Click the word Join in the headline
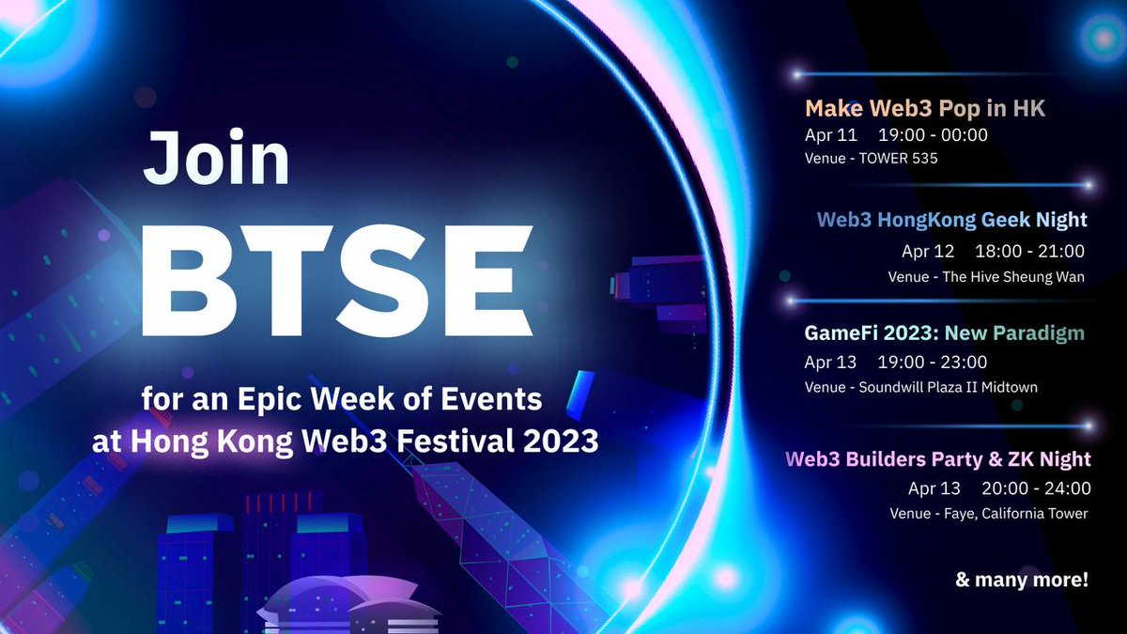click(x=216, y=158)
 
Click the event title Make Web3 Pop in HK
click(x=924, y=109)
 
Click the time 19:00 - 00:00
click(x=933, y=135)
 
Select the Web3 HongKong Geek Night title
click(x=951, y=220)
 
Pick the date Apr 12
click(x=927, y=251)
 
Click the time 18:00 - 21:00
click(x=1029, y=251)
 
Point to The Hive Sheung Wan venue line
click(x=986, y=276)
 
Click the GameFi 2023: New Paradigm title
click(x=944, y=332)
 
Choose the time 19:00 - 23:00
click(x=933, y=362)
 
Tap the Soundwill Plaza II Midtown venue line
click(x=921, y=387)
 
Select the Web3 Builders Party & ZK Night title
click(x=937, y=459)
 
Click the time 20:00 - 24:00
click(x=1036, y=488)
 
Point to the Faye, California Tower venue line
click(x=989, y=513)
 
